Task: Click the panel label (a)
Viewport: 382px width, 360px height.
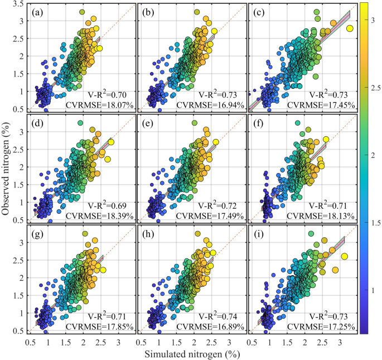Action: point(38,12)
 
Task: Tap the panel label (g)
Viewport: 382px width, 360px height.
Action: point(38,231)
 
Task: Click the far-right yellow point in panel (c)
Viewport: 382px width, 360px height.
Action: point(350,28)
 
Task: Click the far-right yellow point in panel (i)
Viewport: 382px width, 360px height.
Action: point(345,256)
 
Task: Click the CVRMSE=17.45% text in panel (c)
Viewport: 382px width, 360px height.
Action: point(323,104)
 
